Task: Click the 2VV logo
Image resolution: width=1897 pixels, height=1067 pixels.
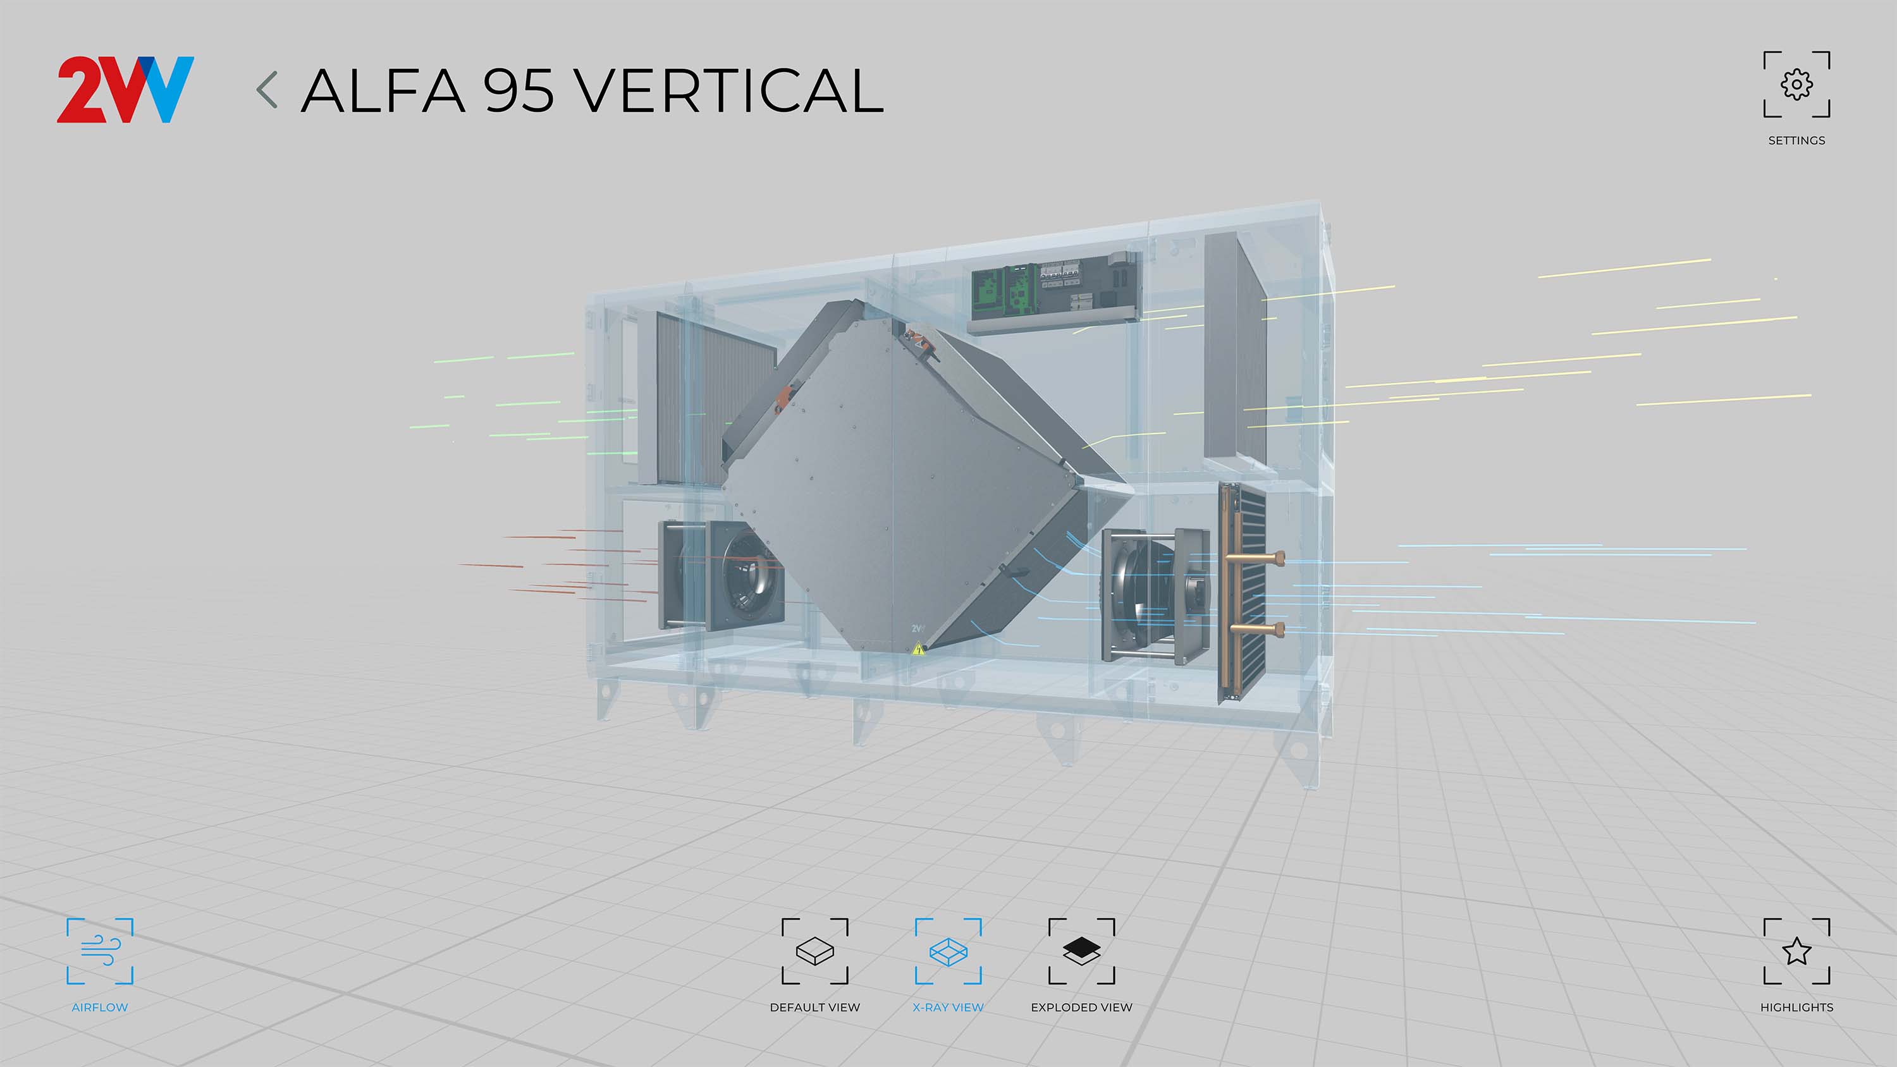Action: pos(125,89)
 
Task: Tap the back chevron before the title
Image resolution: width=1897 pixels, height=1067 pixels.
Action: pos(267,90)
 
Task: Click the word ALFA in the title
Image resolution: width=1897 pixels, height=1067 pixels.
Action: pos(383,90)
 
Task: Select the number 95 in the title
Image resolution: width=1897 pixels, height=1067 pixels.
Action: pos(519,90)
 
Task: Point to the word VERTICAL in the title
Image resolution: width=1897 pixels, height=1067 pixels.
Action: pos(728,90)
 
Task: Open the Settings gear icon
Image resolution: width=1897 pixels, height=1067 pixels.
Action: pos(1797,85)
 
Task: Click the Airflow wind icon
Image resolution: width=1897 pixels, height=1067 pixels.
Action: pos(100,951)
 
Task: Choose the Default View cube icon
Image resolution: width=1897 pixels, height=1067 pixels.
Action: pos(814,951)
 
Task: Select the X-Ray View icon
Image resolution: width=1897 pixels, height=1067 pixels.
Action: pos(948,951)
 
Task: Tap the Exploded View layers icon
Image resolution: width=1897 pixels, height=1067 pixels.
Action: pos(1082,951)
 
